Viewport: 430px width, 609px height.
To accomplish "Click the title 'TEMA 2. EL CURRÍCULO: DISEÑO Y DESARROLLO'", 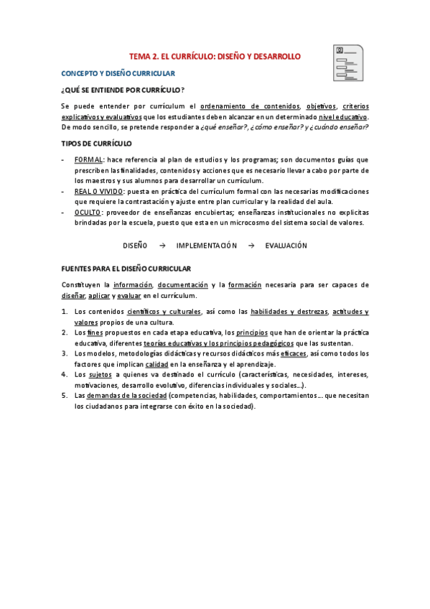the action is pos(215,56).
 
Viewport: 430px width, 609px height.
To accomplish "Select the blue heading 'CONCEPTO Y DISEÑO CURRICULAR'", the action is pos(118,74).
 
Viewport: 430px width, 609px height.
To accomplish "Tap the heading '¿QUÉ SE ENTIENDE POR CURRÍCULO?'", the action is pos(122,90).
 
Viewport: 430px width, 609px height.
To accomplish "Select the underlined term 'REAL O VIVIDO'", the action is pos(99,192).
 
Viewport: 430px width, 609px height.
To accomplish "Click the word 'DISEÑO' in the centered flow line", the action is pos(135,246).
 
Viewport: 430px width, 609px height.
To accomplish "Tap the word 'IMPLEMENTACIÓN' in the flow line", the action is pos(206,246).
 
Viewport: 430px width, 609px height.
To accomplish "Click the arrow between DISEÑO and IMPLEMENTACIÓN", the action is pos(162,246).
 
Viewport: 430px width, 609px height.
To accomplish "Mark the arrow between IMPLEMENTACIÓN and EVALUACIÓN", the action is pos(251,246).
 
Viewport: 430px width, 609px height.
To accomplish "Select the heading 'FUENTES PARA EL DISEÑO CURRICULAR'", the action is pos(126,269).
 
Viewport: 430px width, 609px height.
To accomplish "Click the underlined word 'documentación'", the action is pos(183,285).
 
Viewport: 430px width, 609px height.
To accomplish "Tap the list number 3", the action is pos(65,354).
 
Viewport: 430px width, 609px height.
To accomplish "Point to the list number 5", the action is pos(65,396).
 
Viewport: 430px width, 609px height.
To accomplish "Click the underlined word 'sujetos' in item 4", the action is pos(100,375).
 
